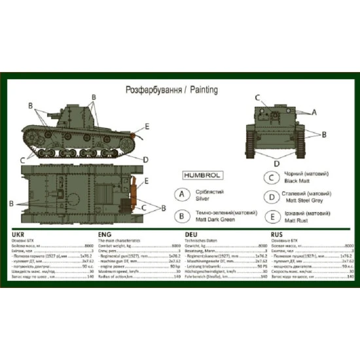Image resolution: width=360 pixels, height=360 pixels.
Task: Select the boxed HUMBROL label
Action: pyautogui.click(x=192, y=174)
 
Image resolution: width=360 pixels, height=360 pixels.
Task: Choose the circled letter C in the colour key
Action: pyautogui.click(x=270, y=177)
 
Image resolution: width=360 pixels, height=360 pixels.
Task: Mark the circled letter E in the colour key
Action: pyautogui.click(x=270, y=217)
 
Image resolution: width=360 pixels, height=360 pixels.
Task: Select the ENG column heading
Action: pyautogui.click(x=105, y=234)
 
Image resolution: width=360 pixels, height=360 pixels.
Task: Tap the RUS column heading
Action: pyautogui.click(x=277, y=234)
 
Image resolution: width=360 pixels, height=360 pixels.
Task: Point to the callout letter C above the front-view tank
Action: pyautogui.click(x=257, y=99)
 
